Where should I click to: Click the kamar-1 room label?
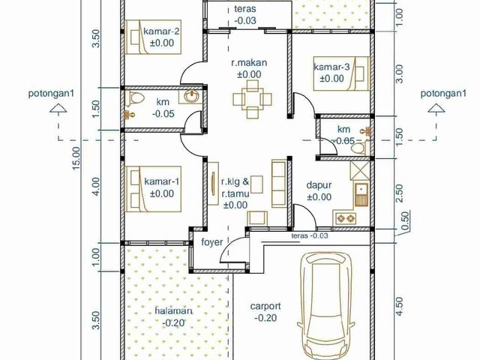[x=162, y=181]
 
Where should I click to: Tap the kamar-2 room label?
[x=162, y=31]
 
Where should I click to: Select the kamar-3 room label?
[x=331, y=67]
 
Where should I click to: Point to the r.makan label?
[x=249, y=63]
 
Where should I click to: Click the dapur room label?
[x=319, y=185]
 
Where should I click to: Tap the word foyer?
[x=212, y=242]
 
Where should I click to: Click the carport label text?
[x=265, y=306]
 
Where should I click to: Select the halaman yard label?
[x=173, y=311]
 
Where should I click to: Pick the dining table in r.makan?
[x=253, y=99]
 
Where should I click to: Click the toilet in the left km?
[x=135, y=98]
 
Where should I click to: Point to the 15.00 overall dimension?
[x=76, y=158]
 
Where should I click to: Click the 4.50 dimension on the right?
[x=399, y=307]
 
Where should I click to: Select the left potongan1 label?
[x=51, y=93]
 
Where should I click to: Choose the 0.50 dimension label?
[x=405, y=220]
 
